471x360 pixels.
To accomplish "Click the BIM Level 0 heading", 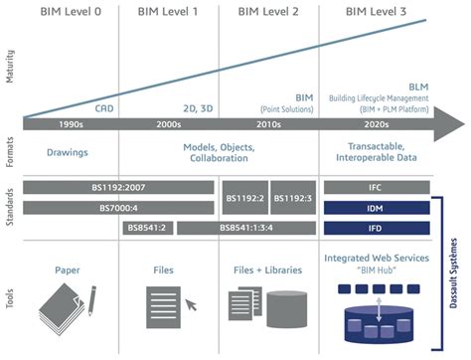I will pyautogui.click(x=71, y=12).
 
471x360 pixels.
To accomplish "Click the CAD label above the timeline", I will pyautogui.click(x=103, y=107).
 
